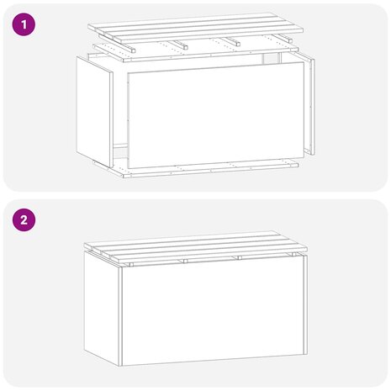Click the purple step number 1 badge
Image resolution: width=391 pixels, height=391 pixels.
24,25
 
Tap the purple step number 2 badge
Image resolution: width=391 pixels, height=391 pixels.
24,221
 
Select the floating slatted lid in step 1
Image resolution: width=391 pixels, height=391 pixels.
196,28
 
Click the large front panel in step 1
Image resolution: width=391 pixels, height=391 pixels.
213,115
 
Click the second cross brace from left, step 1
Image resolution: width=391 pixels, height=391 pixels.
179,45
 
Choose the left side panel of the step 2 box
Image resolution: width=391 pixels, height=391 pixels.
101,307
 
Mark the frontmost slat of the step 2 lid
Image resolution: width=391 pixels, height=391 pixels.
202,254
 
